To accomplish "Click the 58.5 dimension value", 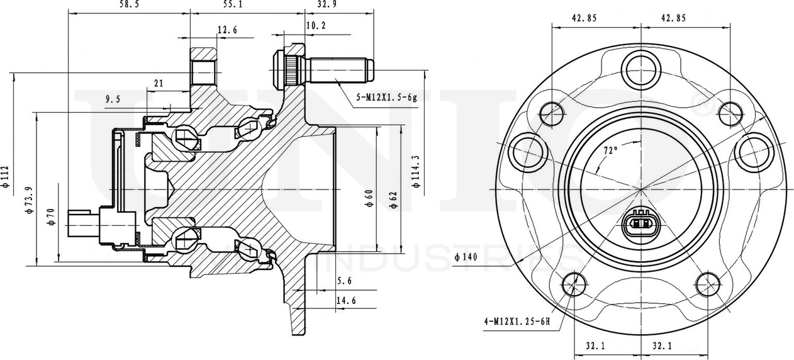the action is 130,4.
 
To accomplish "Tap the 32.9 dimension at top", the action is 327,4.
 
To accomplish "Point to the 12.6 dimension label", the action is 227,30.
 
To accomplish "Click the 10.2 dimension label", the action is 316,26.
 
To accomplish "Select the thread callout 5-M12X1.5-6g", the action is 387,97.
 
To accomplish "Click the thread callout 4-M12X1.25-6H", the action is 517,322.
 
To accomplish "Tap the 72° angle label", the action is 611,150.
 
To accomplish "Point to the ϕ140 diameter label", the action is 466,257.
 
